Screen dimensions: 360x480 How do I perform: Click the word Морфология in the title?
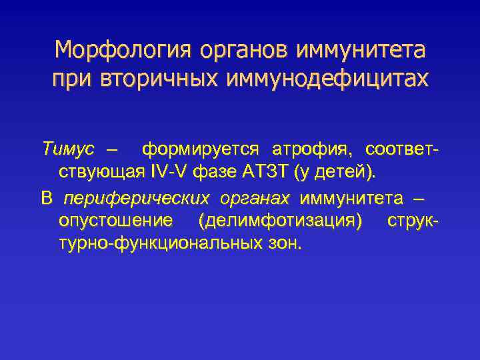117,50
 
